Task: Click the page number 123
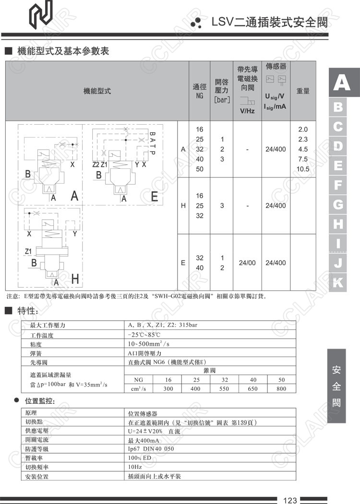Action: [x=290, y=500]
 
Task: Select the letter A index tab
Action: [x=341, y=83]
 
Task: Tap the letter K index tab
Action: [x=338, y=282]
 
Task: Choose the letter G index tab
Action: [x=338, y=205]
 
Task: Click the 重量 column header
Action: [x=303, y=91]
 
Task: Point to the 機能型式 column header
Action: [x=97, y=91]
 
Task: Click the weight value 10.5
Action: [x=303, y=169]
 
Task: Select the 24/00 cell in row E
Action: [x=247, y=263]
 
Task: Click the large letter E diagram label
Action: [x=154, y=197]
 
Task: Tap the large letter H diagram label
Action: [x=75, y=279]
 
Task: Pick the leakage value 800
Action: [x=281, y=388]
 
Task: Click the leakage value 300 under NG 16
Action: [x=168, y=388]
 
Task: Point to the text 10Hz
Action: [x=135, y=467]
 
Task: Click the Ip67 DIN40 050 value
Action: [x=151, y=449]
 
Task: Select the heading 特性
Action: [x=27, y=311]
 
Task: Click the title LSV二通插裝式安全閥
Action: [x=271, y=22]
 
